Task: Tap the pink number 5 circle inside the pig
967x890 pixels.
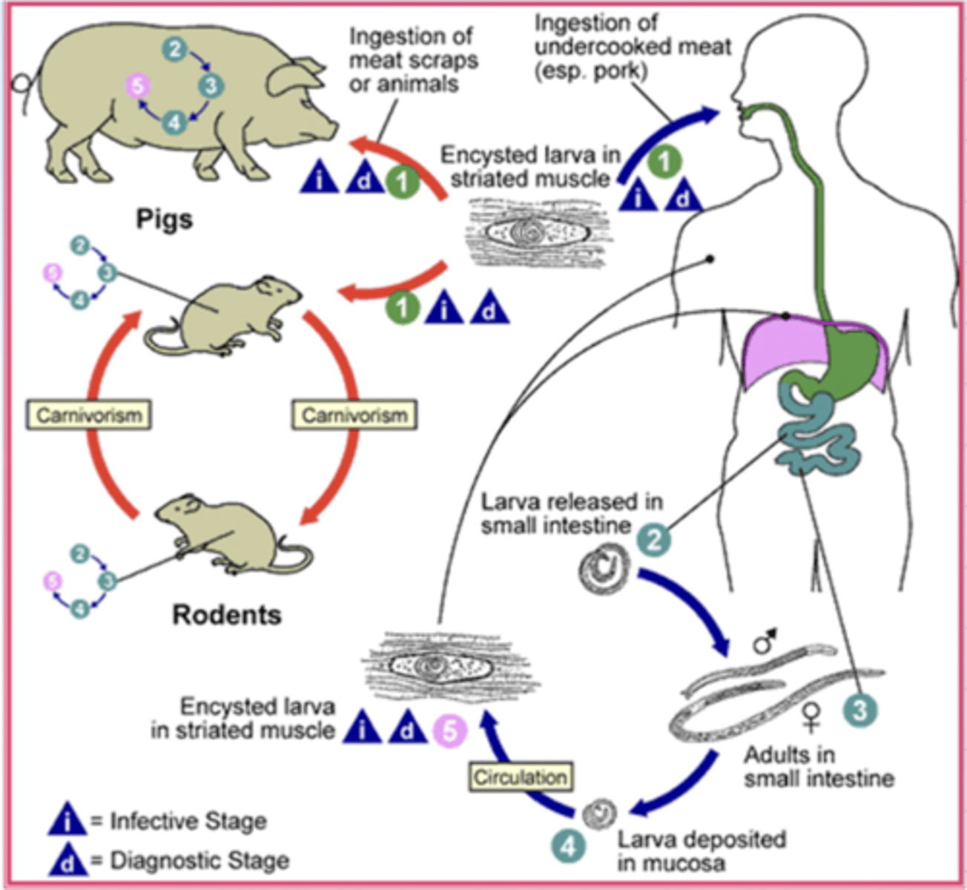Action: pos(137,85)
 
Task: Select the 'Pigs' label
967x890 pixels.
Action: pos(164,219)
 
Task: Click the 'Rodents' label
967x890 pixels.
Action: pos(227,615)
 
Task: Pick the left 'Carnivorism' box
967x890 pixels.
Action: pos(89,415)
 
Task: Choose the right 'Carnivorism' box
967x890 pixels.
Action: pos(354,415)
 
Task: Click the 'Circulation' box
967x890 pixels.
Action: pos(521,777)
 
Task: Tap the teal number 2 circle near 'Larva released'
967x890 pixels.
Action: pos(653,539)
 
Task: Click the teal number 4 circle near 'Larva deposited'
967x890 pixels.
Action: pos(568,846)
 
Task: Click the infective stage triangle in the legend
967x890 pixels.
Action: pos(67,820)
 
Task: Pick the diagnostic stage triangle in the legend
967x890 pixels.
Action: pos(67,860)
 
